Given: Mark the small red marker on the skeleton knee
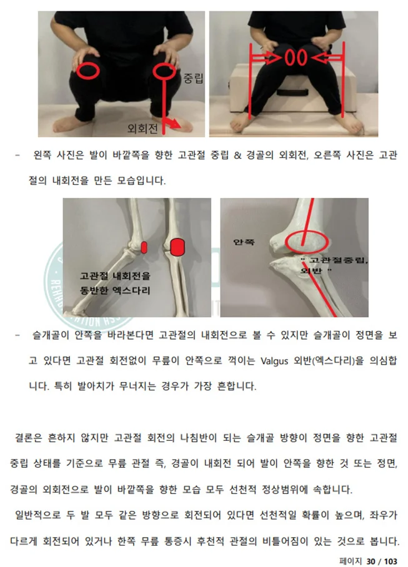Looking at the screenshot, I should click(144, 247).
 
